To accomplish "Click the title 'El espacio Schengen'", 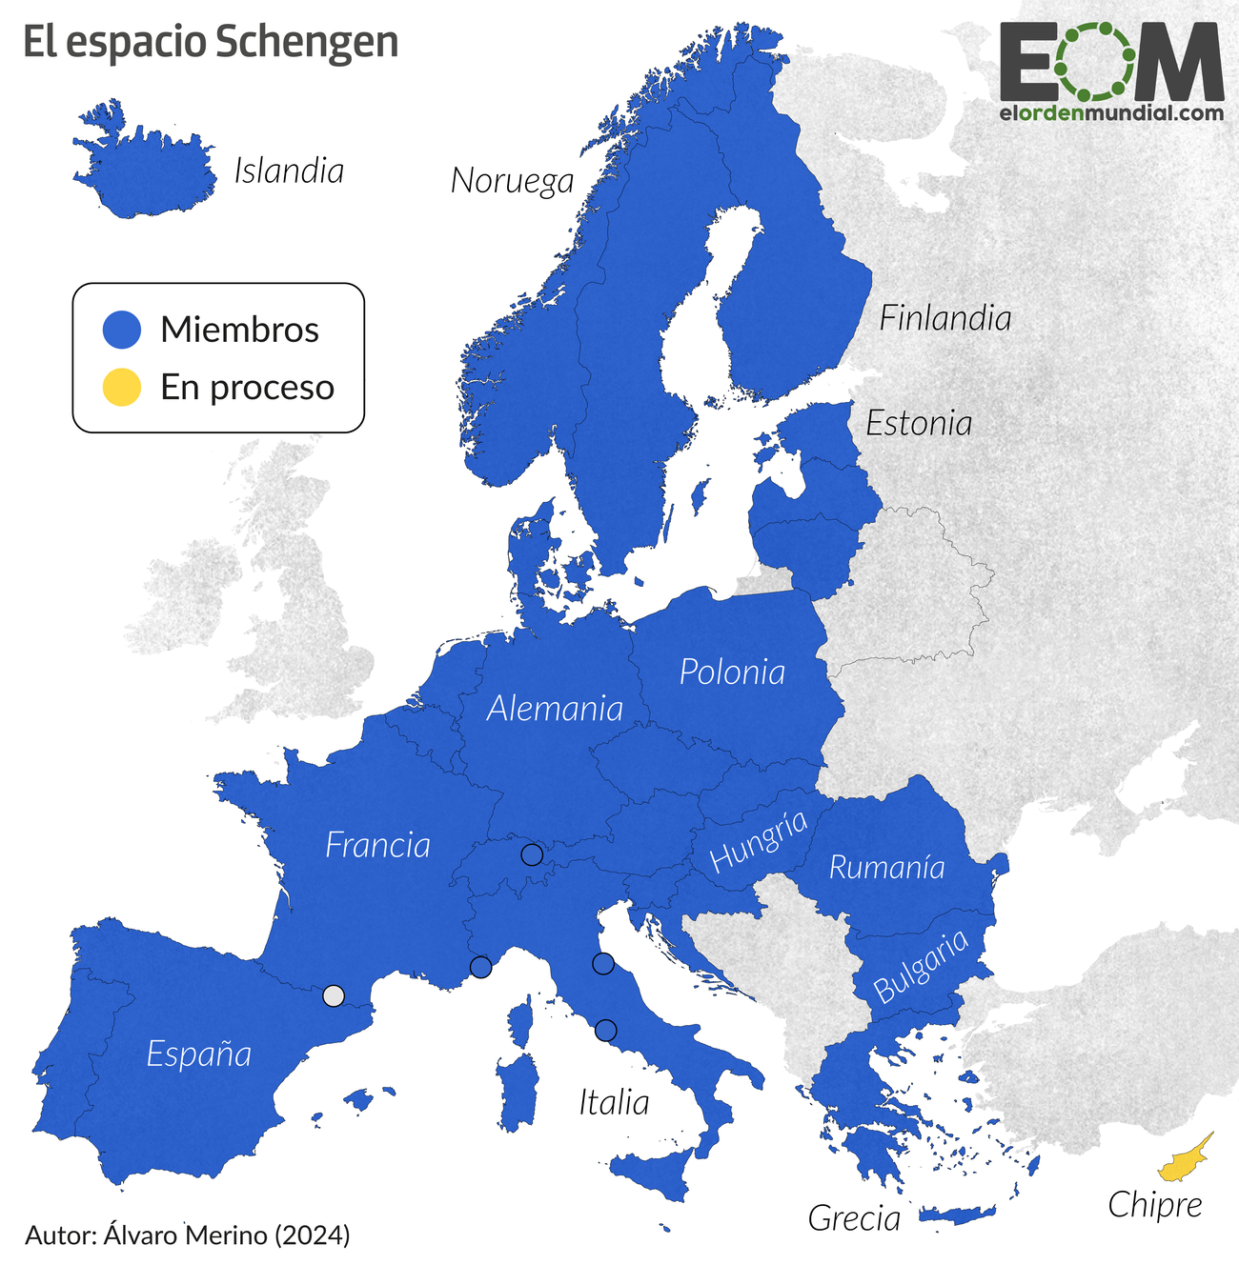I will pos(210,43).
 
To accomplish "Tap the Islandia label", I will pos(289,171).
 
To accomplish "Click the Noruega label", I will pos(512,181).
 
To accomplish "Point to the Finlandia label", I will pos(944,318).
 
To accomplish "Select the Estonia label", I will pos(919,424).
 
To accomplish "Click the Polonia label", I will pos(732,673).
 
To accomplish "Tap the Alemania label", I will pos(555,709).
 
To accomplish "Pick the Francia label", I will pos(377,846).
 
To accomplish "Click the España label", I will pos(199,1054).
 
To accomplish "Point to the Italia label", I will pos(614,1103).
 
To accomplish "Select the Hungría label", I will pos(759,840).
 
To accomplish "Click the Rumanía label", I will pos(886,868).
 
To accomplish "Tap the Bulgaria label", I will pos(921,967).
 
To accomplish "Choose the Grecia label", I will pos(854,1218).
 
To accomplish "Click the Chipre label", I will pos(1154,1206).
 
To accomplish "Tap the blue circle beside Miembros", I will pos(122,330).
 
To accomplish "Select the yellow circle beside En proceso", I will pos(122,388).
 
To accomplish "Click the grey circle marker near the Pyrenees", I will pos(333,995).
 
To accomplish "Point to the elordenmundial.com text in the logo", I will pos(1111,112).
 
